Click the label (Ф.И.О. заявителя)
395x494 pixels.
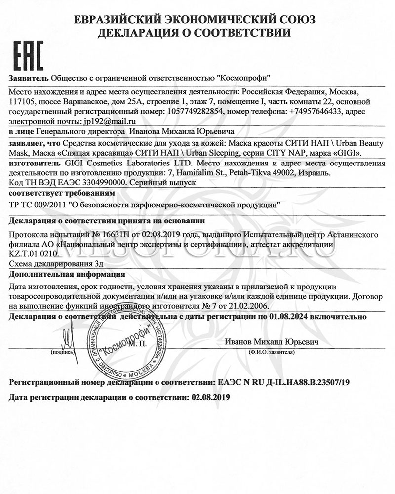(272, 353)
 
